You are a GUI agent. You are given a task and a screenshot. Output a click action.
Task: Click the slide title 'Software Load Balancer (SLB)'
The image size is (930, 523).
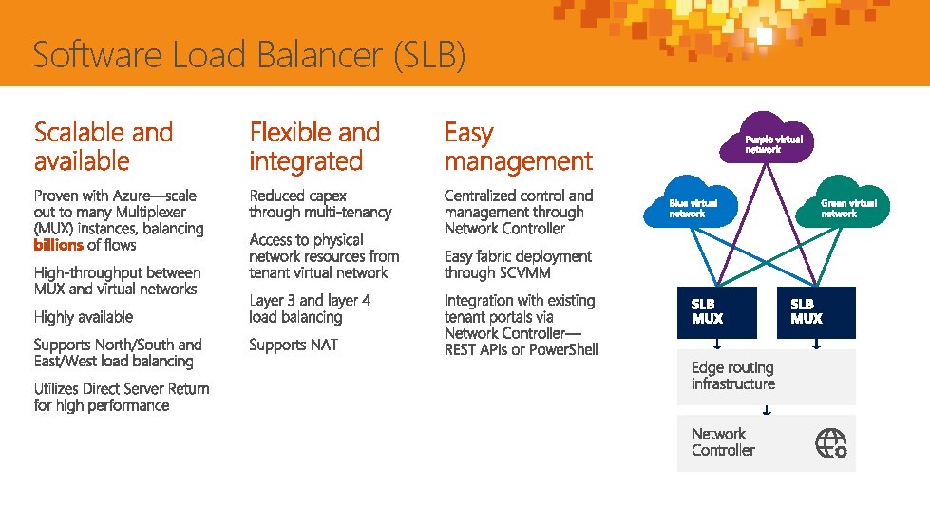coord(249,56)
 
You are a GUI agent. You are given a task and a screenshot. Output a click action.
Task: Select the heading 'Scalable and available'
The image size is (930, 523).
coord(104,146)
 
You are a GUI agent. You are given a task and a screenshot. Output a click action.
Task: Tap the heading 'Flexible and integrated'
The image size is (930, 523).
coord(314,146)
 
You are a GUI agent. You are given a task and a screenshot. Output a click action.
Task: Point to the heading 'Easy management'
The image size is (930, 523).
coord(518,146)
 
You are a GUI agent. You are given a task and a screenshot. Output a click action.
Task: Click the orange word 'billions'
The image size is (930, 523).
coord(58,246)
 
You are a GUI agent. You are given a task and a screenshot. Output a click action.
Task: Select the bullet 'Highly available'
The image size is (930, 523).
coord(84,317)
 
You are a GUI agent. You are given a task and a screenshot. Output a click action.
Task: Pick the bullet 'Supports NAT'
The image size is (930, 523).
coord(294,345)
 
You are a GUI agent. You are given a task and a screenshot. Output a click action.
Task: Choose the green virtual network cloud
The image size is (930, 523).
coord(843,203)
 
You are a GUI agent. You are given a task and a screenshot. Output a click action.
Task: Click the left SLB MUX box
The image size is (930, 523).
coord(717,311)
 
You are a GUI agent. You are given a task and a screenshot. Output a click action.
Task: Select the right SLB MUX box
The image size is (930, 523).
coord(816,311)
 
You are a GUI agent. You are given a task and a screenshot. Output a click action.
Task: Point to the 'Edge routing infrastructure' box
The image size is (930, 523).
coord(766,376)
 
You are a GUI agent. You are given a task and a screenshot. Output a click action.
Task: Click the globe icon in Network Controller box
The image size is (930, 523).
coord(831,442)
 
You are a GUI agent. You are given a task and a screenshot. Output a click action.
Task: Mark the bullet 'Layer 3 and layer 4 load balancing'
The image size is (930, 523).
coord(310,308)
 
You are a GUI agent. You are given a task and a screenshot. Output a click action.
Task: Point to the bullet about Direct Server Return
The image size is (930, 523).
coord(122,397)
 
